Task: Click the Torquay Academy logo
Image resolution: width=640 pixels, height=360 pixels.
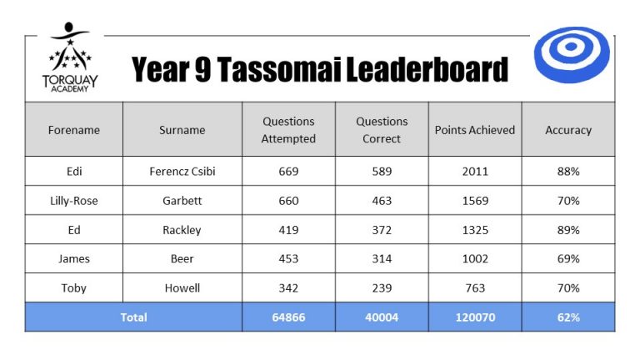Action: pyautogui.click(x=70, y=57)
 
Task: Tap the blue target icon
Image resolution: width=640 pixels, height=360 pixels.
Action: pyautogui.click(x=572, y=55)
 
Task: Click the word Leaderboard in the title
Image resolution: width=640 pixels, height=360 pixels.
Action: pyautogui.click(x=427, y=69)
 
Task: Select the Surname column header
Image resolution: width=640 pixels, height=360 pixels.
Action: pyautogui.click(x=182, y=130)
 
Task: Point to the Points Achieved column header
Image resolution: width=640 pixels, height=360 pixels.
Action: pyautogui.click(x=475, y=130)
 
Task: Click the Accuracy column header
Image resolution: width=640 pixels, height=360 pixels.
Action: pyautogui.click(x=568, y=130)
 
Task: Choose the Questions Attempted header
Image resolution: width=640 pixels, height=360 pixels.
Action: pyautogui.click(x=288, y=130)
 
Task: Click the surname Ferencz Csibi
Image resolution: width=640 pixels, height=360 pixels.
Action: pyautogui.click(x=182, y=172)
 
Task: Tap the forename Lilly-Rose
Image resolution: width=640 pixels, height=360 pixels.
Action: pyautogui.click(x=74, y=201)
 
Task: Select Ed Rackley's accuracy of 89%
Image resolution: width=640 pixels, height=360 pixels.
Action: pyautogui.click(x=568, y=230)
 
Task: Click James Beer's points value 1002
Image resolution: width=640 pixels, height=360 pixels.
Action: pyautogui.click(x=475, y=259)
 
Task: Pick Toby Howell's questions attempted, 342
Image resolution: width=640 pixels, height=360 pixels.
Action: pyautogui.click(x=288, y=288)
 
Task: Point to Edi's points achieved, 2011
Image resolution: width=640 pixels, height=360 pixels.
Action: pyautogui.click(x=475, y=172)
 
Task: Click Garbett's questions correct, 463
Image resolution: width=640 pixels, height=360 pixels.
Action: pyautogui.click(x=382, y=201)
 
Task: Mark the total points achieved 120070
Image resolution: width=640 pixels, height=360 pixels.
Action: pyautogui.click(x=475, y=317)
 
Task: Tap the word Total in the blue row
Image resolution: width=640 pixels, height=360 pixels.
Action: pyautogui.click(x=133, y=317)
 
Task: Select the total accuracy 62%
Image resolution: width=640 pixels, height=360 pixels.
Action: pyautogui.click(x=568, y=317)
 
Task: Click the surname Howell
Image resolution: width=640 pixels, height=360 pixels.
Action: pyautogui.click(x=182, y=288)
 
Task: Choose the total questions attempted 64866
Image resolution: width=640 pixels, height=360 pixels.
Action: pyautogui.click(x=288, y=317)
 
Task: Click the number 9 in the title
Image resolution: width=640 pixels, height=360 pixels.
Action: pyautogui.click(x=202, y=69)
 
